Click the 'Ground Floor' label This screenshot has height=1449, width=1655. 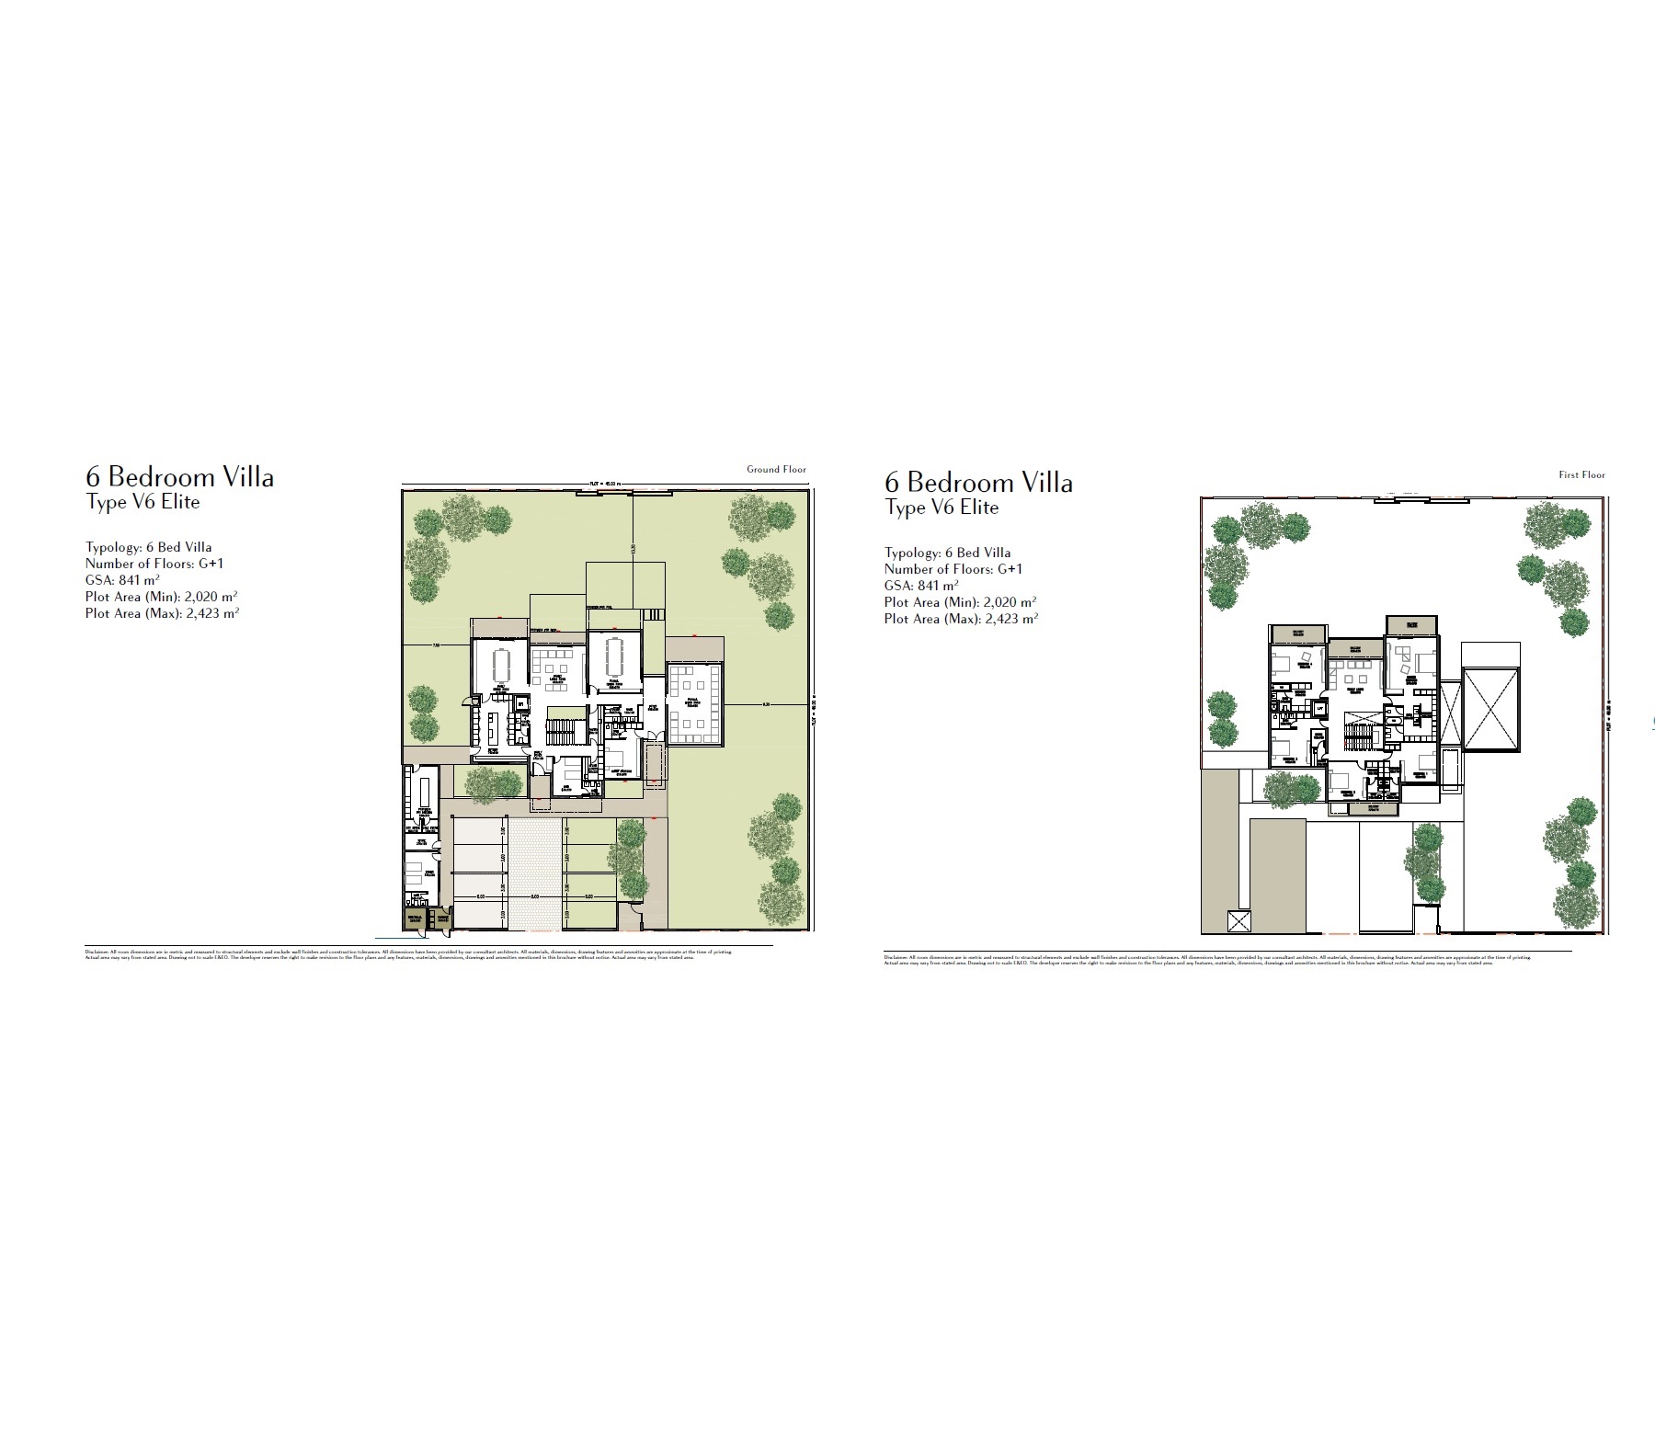pyautogui.click(x=776, y=470)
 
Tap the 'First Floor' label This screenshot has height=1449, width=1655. pyautogui.click(x=1581, y=475)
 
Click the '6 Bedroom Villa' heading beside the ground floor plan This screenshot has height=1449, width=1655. pyautogui.click(x=179, y=477)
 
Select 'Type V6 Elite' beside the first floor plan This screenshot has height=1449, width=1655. pyautogui.click(x=942, y=508)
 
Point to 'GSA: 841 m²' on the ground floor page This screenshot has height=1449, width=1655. pyautogui.click(x=122, y=580)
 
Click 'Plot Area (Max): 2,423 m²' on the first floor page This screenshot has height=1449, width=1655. pyautogui.click(x=961, y=620)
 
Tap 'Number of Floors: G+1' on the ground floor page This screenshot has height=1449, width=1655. pyautogui.click(x=154, y=564)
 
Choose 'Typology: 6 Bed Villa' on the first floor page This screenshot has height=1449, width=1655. pyautogui.click(x=947, y=553)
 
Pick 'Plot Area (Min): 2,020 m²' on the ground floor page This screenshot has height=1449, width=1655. pyautogui.click(x=162, y=597)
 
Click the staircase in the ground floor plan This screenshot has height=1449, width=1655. pyautogui.click(x=559, y=731)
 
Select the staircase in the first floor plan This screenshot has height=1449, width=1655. pyautogui.click(x=1357, y=736)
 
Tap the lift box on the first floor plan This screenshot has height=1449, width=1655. pyautogui.click(x=1320, y=709)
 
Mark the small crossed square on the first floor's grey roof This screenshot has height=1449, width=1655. pyautogui.click(x=1238, y=922)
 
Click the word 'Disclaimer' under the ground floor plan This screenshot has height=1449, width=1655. pyautogui.click(x=97, y=953)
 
